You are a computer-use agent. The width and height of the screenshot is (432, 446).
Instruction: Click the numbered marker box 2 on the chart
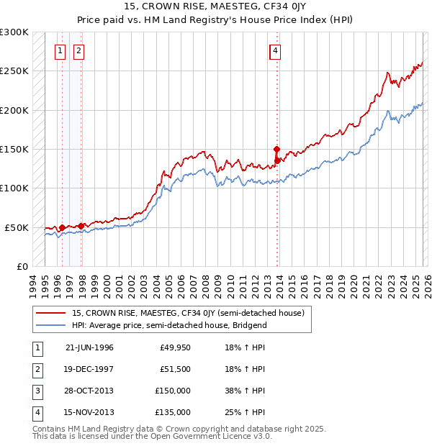tap(78, 50)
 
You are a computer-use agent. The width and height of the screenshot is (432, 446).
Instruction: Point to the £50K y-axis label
tap(17, 227)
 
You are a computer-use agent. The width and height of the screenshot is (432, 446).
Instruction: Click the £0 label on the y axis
tap(22, 266)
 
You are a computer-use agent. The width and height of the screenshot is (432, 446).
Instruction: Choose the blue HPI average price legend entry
tap(169, 325)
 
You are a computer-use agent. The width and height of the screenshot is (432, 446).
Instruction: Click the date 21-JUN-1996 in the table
tap(89, 347)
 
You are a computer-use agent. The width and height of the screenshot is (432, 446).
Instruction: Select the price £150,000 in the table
tap(173, 391)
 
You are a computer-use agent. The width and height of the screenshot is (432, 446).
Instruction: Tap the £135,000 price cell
tap(173, 412)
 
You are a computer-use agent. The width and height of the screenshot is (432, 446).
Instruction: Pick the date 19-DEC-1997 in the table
tap(89, 369)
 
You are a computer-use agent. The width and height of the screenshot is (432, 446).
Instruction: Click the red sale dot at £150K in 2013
tap(276, 149)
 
